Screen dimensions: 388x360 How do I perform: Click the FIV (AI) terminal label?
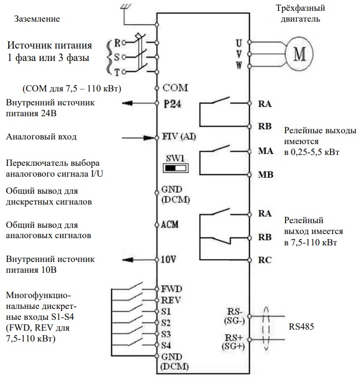pos(179,137)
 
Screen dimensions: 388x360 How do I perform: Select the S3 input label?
pos(166,334)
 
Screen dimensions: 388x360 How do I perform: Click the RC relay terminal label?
pos(264,260)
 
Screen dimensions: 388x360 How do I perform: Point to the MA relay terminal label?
pos(265,152)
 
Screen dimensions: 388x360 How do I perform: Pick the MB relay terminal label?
pos(265,175)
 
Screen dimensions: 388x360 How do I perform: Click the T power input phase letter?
pos(117,72)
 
